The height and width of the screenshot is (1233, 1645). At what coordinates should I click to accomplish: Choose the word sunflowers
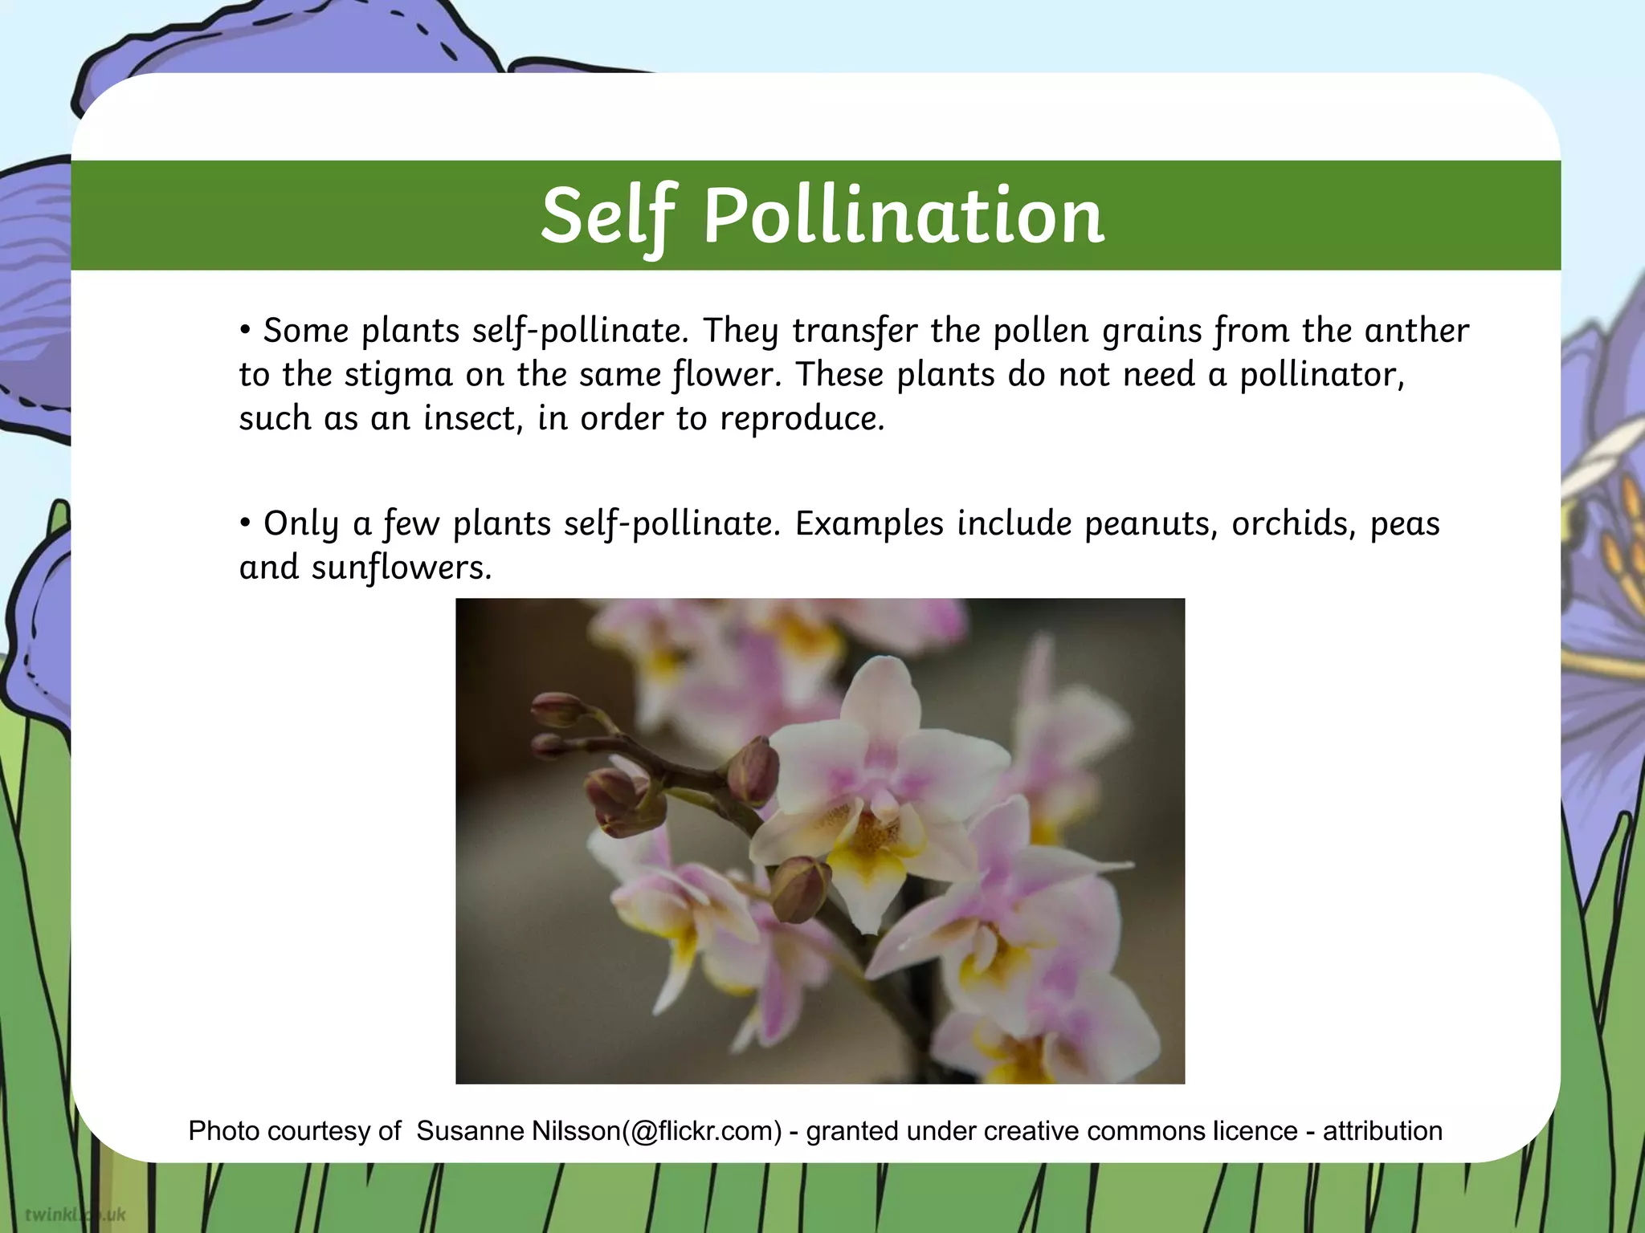(x=401, y=568)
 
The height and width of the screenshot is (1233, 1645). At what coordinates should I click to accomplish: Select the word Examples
(x=868, y=523)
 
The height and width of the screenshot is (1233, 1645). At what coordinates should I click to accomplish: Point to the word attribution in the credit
(x=1382, y=1131)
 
